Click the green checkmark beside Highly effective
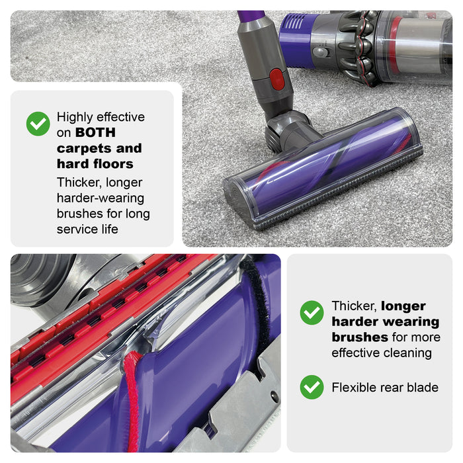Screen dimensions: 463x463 tap(38, 124)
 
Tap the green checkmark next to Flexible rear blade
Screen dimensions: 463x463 tap(312, 387)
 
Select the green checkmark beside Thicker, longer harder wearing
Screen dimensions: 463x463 tap(312, 313)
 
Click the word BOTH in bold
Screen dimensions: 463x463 tap(95, 132)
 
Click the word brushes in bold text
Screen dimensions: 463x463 tap(360, 337)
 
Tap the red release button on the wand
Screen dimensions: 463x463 tap(277, 79)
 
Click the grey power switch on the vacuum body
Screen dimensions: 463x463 tap(320, 53)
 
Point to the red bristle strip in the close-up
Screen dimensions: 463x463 tap(132, 401)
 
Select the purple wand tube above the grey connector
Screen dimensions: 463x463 tap(251, 15)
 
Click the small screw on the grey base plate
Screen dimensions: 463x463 tap(274, 395)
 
